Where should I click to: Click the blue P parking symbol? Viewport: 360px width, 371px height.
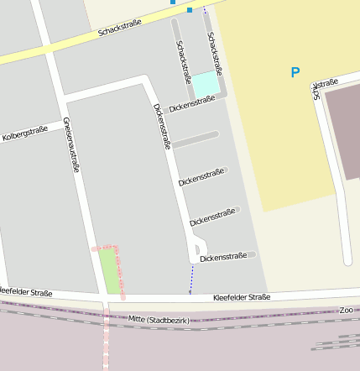[295, 73]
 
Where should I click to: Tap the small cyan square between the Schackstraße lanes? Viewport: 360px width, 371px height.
[206, 84]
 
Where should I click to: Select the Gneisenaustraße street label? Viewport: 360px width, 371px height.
[71, 144]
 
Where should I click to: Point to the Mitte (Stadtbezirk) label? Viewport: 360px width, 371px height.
[159, 320]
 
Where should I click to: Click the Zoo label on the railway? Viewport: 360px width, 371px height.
[346, 310]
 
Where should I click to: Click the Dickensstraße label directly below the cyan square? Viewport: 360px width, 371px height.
[192, 104]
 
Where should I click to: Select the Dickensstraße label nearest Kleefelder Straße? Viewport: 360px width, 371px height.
[222, 257]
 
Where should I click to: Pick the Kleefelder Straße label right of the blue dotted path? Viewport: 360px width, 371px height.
[242, 297]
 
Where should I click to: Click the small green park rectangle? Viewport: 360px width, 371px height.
[108, 269]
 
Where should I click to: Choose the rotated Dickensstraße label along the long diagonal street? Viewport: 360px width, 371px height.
[162, 126]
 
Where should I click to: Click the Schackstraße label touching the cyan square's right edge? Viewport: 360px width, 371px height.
[214, 53]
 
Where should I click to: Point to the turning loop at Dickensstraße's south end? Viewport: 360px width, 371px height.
[197, 248]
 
